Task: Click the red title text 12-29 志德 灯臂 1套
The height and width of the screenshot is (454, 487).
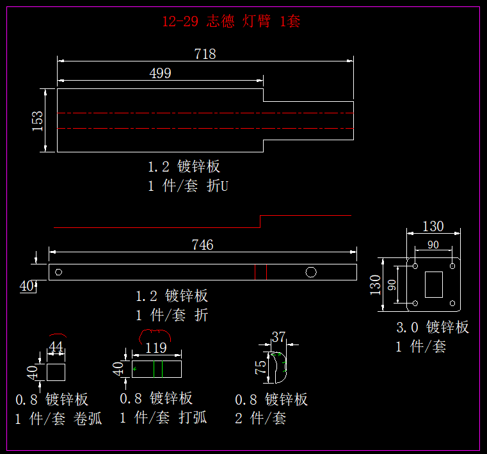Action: (x=231, y=21)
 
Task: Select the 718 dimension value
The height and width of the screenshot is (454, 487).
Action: (x=205, y=54)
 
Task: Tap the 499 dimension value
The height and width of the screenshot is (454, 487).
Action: (x=160, y=73)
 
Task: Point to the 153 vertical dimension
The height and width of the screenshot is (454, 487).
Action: (x=38, y=120)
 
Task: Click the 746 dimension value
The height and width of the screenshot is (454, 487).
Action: (x=202, y=245)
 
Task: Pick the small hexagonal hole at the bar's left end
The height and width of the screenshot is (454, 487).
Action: (x=59, y=272)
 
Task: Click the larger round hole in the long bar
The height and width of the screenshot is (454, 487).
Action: (x=311, y=272)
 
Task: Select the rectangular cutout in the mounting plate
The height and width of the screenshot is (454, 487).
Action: (x=435, y=284)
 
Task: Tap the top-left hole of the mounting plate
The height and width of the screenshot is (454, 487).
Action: (x=415, y=264)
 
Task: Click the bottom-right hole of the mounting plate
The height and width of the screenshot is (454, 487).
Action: (x=454, y=303)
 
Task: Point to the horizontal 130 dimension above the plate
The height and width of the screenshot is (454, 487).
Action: (x=433, y=226)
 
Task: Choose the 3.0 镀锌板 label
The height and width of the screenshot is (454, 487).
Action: (x=433, y=327)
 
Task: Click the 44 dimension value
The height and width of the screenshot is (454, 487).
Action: (x=56, y=346)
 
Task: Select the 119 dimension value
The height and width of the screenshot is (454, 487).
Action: (x=156, y=348)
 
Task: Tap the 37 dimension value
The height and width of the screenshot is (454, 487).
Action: (x=279, y=336)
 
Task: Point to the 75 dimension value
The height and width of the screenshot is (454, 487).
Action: (x=260, y=367)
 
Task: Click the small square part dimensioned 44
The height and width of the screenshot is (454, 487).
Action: (x=56, y=372)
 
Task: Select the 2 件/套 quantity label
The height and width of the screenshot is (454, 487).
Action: (x=260, y=419)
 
